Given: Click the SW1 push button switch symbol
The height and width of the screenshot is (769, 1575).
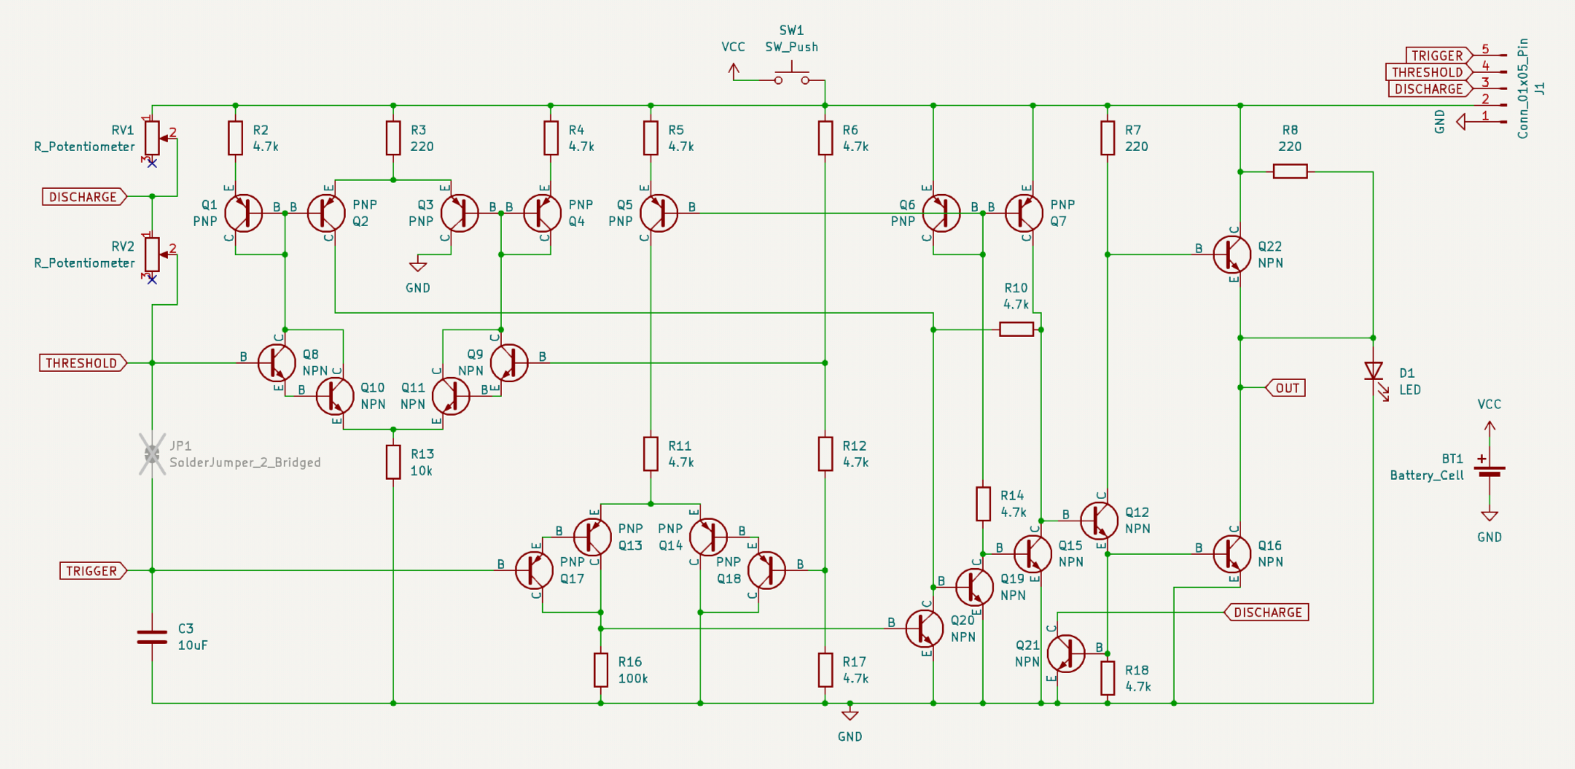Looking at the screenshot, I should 791,77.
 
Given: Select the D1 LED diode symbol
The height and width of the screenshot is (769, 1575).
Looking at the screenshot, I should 1373,370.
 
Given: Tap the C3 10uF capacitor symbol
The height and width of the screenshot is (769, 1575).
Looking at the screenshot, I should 152,637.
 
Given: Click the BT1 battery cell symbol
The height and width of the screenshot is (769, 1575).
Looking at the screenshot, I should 1489,471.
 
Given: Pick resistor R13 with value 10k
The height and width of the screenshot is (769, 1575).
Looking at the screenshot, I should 393,462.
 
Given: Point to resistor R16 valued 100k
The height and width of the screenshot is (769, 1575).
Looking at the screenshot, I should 601,669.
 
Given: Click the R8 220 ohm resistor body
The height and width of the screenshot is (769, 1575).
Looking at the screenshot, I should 1290,172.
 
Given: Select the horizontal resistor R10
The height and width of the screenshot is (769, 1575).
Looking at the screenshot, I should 1016,329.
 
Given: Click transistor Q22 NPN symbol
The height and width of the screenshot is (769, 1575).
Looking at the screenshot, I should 1231,254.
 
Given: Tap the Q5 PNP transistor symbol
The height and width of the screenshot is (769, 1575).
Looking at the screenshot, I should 658,213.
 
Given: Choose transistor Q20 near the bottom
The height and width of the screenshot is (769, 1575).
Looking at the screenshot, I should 924,628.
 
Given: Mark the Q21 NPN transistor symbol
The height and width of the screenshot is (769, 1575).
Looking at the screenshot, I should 1066,653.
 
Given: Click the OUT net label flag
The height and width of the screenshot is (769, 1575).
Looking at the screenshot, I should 1286,387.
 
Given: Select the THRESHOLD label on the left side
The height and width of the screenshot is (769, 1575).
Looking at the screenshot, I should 83,363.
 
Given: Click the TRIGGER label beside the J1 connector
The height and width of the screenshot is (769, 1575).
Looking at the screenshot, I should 1436,56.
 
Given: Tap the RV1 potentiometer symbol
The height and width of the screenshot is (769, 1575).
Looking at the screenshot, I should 152,138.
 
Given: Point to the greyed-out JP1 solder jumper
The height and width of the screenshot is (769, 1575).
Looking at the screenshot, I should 152,454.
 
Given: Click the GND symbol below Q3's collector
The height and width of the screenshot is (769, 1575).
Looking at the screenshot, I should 418,267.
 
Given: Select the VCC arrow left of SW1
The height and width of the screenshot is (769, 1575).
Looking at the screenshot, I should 734,71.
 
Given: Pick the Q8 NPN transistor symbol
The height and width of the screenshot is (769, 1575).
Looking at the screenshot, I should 277,363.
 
